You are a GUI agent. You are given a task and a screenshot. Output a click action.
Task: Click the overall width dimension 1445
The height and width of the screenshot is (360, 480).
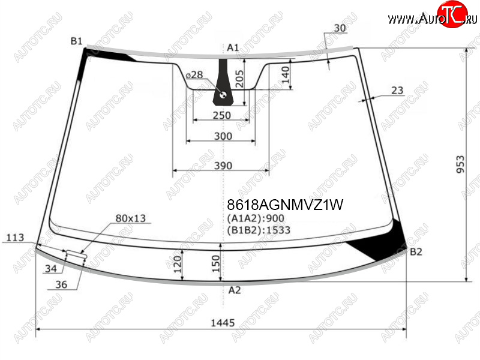[223, 323]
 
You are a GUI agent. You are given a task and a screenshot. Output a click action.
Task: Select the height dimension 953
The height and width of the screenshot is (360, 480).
[460, 164]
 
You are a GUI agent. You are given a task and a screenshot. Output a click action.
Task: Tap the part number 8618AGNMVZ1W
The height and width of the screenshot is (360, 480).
[285, 205]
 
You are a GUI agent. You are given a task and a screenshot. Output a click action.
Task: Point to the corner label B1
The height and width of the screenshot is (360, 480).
[77, 41]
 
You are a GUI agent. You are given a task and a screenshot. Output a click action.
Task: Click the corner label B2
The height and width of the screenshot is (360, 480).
[416, 252]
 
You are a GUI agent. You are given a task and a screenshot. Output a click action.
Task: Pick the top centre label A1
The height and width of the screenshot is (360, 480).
[233, 47]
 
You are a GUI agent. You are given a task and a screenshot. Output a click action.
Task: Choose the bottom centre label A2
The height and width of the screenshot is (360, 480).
[235, 290]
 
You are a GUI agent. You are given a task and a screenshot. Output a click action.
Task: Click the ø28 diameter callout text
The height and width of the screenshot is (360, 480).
[194, 74]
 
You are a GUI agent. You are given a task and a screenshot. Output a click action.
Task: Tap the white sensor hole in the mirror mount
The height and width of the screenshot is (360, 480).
[223, 95]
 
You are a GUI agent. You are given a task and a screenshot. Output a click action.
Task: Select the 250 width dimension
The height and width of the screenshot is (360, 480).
[221, 115]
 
